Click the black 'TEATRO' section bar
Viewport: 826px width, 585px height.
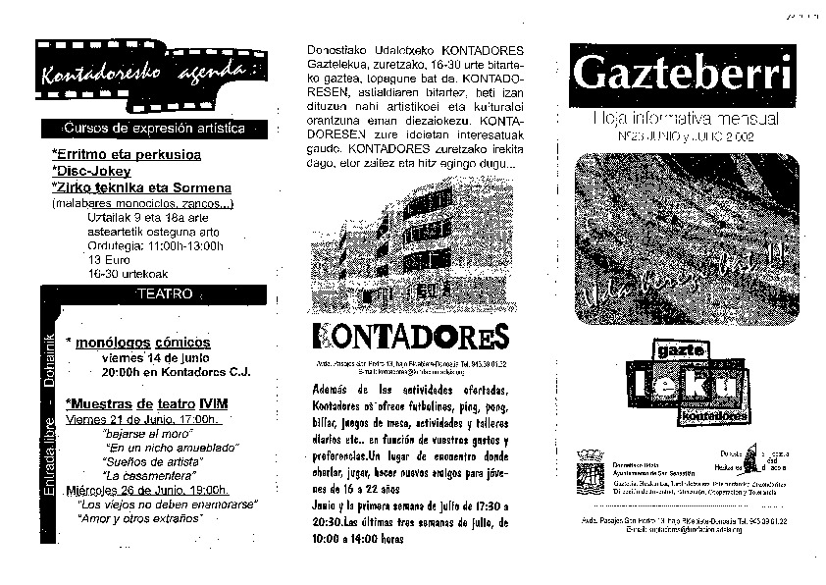[163, 293]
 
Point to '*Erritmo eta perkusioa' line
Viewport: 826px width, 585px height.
[126, 155]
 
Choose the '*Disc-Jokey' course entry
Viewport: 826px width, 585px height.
[94, 171]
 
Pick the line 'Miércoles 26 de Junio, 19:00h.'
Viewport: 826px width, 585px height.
[147, 489]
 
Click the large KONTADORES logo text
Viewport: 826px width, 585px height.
[410, 336]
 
